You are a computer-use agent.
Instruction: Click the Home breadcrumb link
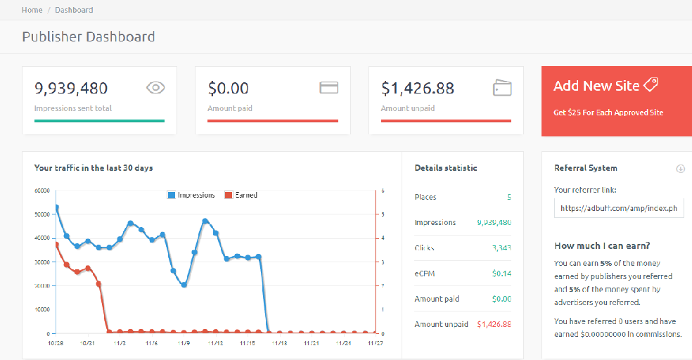(32, 10)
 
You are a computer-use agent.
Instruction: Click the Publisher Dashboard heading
(88, 37)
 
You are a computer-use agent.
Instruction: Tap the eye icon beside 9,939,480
(155, 87)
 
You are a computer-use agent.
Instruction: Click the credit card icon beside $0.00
(329, 87)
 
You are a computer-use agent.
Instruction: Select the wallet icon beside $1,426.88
(502, 88)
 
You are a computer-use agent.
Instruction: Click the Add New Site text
(596, 86)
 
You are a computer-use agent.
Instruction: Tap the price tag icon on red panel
(651, 84)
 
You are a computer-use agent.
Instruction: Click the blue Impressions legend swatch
(171, 195)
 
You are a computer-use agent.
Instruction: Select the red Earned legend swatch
(228, 195)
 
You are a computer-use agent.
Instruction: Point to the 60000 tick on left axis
(41, 191)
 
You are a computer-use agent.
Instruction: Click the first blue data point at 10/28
(56, 207)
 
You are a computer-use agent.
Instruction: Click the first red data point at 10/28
(56, 245)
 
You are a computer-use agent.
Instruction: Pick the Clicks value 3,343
(501, 248)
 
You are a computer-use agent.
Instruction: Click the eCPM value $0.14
(502, 274)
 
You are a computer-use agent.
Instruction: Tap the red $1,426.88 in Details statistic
(494, 324)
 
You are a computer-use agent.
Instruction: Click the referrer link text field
(619, 208)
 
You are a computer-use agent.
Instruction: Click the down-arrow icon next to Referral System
(680, 169)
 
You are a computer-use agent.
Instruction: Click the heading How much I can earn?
(601, 245)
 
